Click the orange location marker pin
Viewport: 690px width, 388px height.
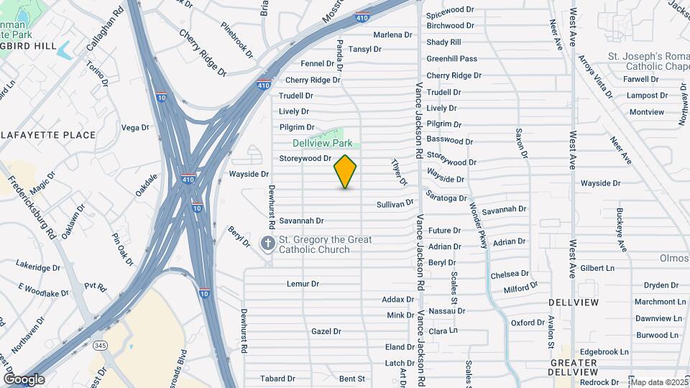(345, 171)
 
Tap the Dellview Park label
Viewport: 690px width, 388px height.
(322, 143)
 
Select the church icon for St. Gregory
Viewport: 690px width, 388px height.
(267, 244)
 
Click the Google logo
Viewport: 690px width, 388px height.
(24, 379)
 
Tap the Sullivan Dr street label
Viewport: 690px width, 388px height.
(395, 205)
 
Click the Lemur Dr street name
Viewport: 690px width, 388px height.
(303, 284)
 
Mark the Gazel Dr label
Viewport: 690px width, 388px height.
(326, 331)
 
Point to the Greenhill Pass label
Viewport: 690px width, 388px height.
(451, 59)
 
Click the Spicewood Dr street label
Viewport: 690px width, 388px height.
(450, 10)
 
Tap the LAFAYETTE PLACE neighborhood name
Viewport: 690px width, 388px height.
(49, 134)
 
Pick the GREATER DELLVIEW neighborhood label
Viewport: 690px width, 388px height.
(572, 366)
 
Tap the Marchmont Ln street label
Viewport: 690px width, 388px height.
(660, 302)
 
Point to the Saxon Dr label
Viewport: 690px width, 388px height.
(519, 144)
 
